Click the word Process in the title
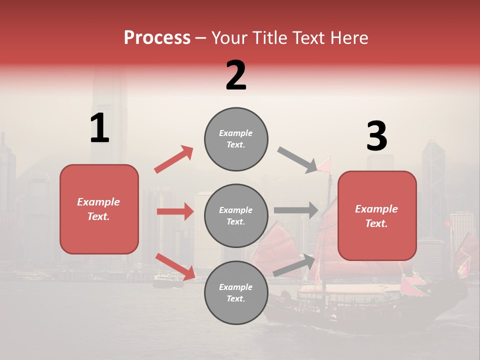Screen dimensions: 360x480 (157, 38)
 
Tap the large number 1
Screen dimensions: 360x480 (99, 129)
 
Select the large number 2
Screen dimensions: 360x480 (236, 75)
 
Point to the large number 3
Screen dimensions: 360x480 (376, 137)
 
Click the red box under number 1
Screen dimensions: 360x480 (99, 209)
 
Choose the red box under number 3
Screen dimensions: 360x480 (377, 215)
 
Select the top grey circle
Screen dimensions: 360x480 (236, 139)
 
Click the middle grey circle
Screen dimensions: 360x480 (236, 215)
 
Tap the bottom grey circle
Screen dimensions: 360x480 (236, 292)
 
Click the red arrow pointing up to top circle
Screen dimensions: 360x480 (174, 159)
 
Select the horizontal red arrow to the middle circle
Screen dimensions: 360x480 (175, 211)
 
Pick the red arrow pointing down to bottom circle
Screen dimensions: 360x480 (175, 266)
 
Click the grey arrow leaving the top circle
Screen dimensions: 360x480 (297, 160)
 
